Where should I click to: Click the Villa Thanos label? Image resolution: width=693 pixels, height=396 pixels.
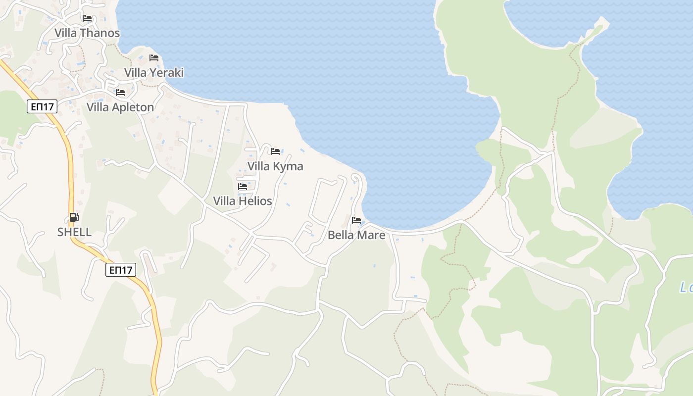click(x=87, y=33)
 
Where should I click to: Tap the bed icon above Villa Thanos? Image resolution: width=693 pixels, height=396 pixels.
click(x=87, y=18)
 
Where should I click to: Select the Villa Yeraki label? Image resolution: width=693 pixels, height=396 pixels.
click(x=154, y=73)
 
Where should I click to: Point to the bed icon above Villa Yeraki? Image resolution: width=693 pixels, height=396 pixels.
click(x=154, y=58)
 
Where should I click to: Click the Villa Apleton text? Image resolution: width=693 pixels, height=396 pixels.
click(x=120, y=107)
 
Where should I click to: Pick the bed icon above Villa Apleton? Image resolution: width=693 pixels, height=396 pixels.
click(x=120, y=93)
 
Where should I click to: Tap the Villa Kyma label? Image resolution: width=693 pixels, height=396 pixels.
click(x=275, y=166)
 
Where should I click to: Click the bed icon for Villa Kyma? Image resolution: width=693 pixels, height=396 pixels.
click(x=275, y=151)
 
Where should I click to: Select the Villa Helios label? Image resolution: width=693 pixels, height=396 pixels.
click(x=243, y=201)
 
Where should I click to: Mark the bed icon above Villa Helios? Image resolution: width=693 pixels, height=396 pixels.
click(x=243, y=187)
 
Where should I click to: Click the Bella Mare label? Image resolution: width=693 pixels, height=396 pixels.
click(x=356, y=235)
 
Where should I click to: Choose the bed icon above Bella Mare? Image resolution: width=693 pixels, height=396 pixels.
click(x=356, y=220)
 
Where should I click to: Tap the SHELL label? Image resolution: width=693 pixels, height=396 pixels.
click(x=74, y=232)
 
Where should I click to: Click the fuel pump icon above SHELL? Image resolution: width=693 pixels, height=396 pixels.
click(x=74, y=217)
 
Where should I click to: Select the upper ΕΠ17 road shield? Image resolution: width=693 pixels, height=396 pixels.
click(x=42, y=106)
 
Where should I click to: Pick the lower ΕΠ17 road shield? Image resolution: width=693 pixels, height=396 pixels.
click(x=121, y=270)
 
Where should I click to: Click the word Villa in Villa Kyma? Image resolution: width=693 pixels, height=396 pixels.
click(x=258, y=166)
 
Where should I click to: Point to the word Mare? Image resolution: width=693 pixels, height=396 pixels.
click(x=371, y=235)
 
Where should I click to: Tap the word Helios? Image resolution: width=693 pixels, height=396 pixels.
click(x=255, y=201)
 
